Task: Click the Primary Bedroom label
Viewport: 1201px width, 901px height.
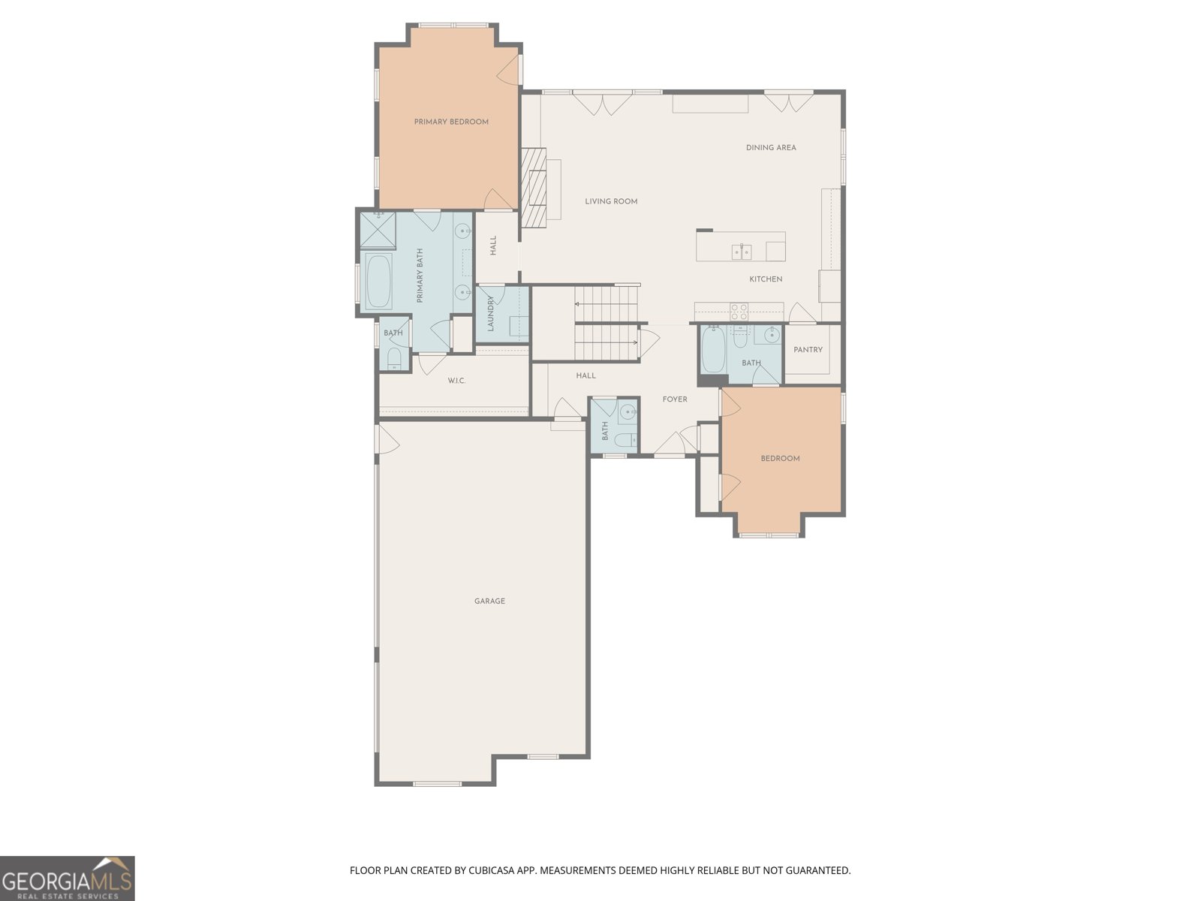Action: (451, 122)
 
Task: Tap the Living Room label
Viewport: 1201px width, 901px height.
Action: (611, 201)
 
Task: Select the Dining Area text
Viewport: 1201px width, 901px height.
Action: (771, 148)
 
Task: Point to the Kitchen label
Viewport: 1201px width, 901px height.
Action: (766, 279)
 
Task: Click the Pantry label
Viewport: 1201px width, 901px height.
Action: (808, 350)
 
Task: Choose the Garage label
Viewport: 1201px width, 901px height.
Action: (489, 601)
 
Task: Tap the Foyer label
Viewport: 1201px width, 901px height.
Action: (674, 399)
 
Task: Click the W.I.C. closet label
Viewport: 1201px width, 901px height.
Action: (456, 381)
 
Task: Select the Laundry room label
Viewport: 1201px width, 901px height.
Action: (491, 314)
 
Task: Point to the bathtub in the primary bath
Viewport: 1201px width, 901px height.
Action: (378, 282)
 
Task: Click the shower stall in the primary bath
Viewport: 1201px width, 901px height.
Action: (378, 230)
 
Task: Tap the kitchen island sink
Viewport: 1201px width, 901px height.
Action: (742, 251)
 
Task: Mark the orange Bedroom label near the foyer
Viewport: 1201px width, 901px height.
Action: (780, 459)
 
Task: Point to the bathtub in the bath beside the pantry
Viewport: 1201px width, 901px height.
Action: (713, 351)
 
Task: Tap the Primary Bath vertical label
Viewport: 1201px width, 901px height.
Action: (420, 276)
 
